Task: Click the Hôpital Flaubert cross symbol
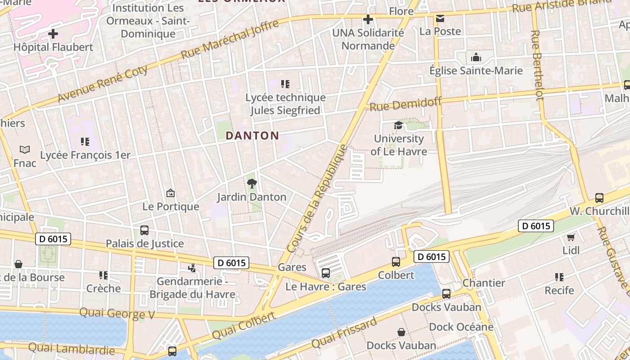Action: (x=53, y=34)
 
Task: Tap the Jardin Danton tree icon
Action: (x=252, y=183)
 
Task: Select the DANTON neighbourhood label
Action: (x=252, y=135)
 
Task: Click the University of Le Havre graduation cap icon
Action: (x=398, y=125)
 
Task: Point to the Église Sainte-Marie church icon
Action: (x=476, y=57)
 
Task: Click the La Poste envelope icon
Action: (x=440, y=18)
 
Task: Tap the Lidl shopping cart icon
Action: (x=571, y=237)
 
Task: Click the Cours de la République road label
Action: (x=318, y=198)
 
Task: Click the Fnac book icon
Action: (x=25, y=149)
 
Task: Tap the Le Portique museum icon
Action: (x=171, y=193)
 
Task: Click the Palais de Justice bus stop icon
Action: (x=144, y=230)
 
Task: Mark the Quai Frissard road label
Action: (x=344, y=333)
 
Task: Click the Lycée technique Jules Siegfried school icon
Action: (x=285, y=84)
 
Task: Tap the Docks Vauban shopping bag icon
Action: (x=401, y=332)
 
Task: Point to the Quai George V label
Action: (x=117, y=313)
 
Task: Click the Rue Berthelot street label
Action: (x=536, y=65)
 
